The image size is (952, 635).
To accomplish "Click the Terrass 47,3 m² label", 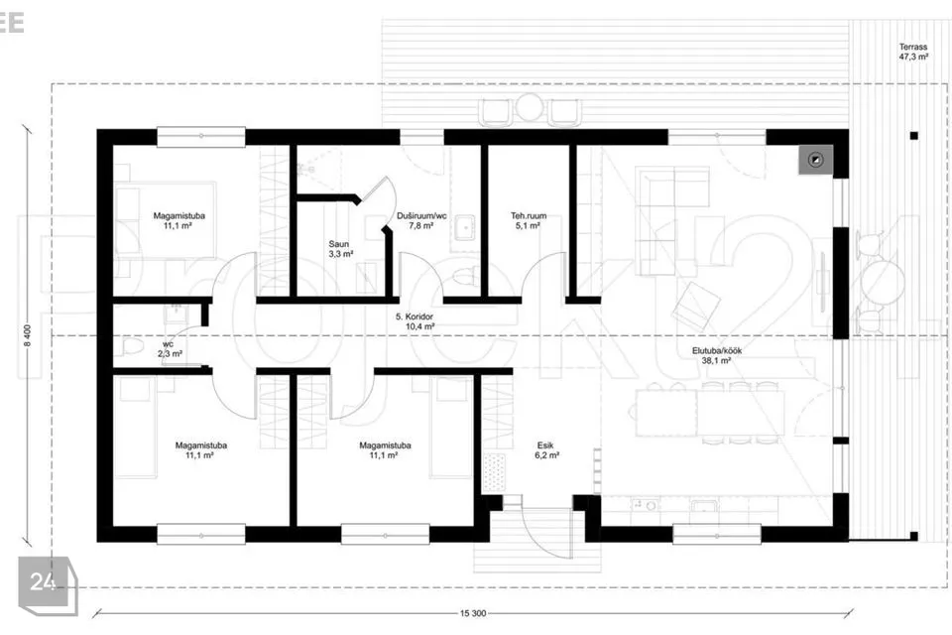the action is coord(913,52).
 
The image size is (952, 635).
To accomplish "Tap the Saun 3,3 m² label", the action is coord(340,249).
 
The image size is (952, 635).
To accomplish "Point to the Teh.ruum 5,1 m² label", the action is coord(529,220).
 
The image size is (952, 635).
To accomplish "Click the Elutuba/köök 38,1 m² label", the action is coord(716,355).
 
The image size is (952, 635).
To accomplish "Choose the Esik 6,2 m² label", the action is coord(546,450).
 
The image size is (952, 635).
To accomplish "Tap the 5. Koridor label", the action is coord(415,317).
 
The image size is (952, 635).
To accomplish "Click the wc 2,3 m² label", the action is coord(170,349).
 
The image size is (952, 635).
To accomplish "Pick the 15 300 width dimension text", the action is coord(473,614).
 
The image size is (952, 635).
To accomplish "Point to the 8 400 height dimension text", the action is coord(27,335).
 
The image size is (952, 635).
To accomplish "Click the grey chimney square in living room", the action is coord(815,160).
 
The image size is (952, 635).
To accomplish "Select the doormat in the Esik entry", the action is coord(494,471).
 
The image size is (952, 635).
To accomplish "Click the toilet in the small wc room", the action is coord(131,347).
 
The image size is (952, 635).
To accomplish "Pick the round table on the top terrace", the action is coord(530,107).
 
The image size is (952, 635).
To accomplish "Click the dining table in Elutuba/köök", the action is coord(709,413).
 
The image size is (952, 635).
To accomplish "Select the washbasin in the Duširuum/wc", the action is coord(466,227).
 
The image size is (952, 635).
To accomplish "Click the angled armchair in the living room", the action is coord(696,307).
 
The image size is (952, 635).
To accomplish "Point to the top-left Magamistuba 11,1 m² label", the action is coord(178,220).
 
